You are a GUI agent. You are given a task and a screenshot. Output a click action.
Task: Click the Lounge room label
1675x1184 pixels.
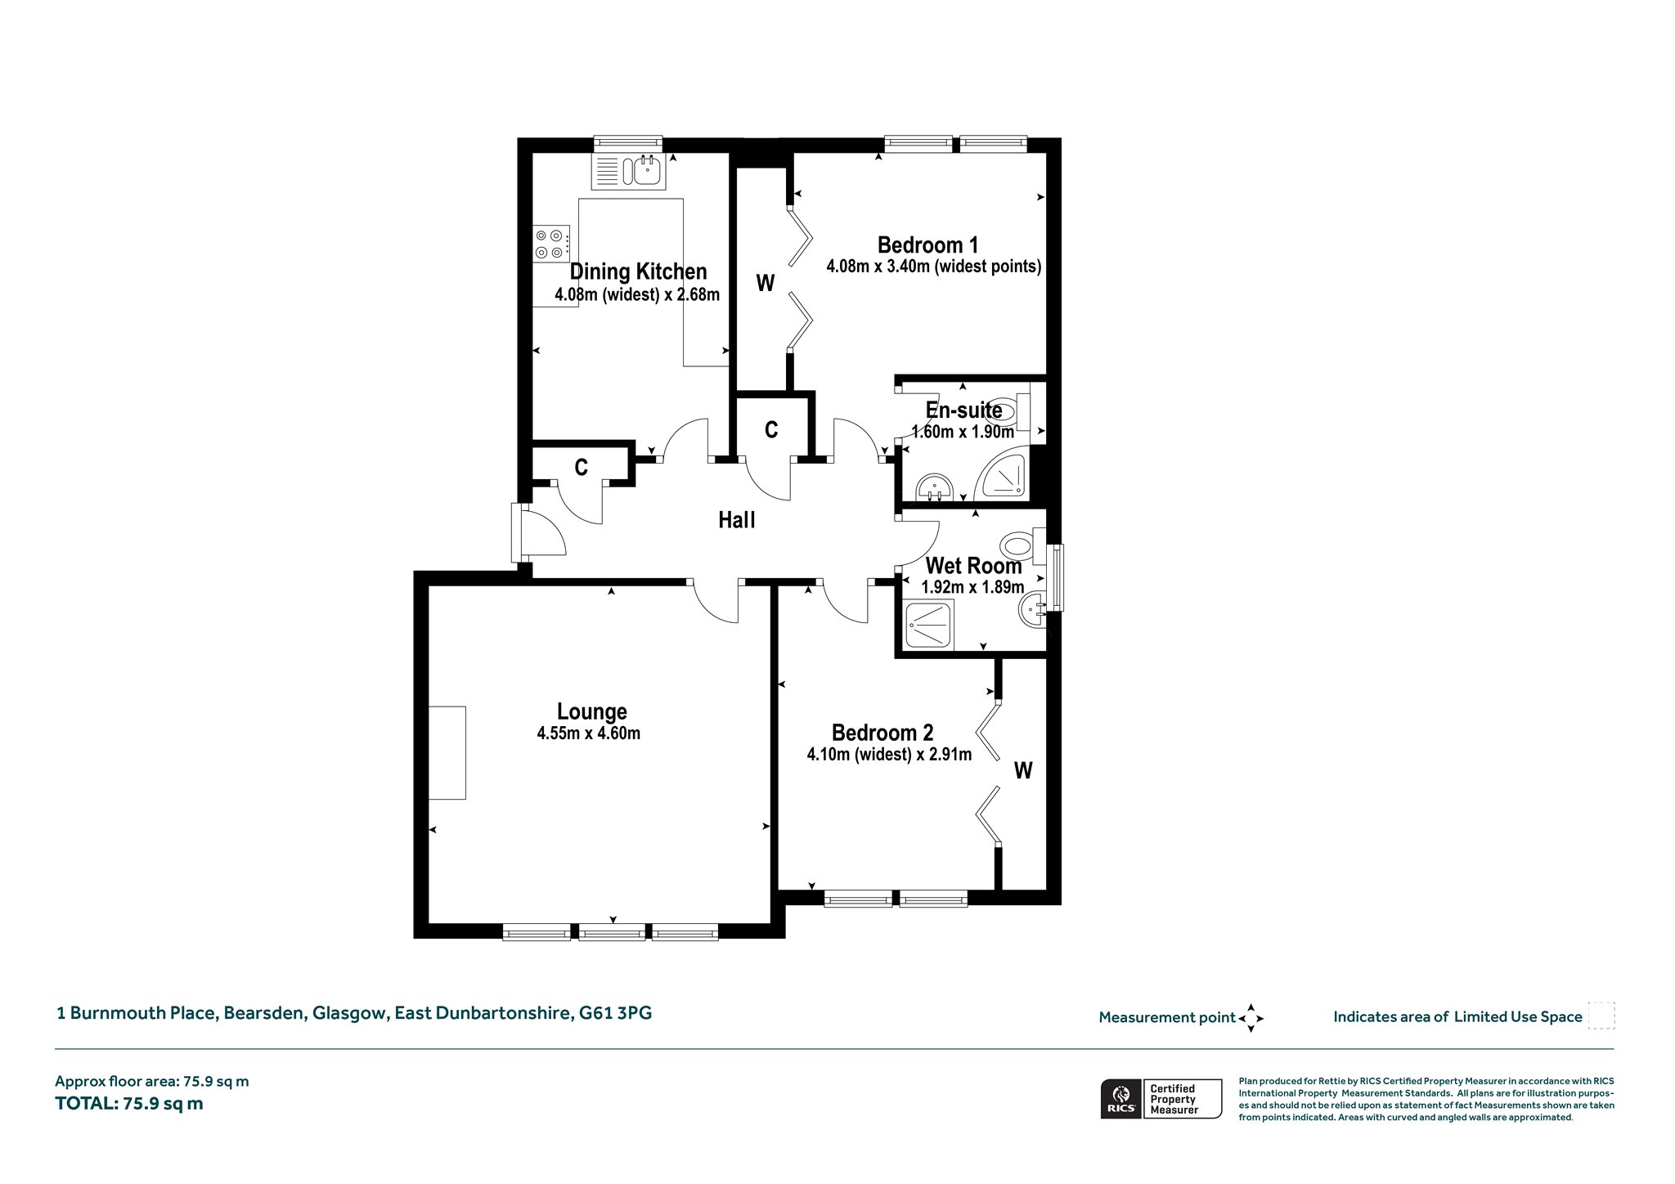click(591, 711)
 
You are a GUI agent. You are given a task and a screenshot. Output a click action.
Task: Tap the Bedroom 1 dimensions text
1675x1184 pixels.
click(933, 267)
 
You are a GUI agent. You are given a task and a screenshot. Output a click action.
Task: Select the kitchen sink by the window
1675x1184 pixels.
click(629, 171)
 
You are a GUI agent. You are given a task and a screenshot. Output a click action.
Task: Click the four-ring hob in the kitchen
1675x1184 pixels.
click(551, 243)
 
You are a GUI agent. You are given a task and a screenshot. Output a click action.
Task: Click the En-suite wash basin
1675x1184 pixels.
click(932, 487)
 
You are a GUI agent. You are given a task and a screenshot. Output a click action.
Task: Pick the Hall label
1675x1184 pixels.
click(736, 520)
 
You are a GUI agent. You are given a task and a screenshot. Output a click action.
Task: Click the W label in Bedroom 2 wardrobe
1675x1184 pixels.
click(1023, 770)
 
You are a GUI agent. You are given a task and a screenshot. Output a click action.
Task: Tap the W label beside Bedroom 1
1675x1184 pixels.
click(765, 283)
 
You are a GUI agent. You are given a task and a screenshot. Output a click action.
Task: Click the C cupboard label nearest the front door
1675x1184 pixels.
click(581, 468)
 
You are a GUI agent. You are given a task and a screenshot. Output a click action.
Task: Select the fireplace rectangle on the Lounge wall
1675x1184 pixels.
click(447, 752)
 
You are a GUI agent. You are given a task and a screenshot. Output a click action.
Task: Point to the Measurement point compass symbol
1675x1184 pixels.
click(1251, 1018)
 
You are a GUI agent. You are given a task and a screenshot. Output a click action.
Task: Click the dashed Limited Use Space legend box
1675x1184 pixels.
click(1601, 1016)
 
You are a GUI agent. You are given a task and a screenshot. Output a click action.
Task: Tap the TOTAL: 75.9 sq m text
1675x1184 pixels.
click(129, 1104)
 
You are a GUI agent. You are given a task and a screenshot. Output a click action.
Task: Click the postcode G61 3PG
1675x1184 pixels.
click(616, 1013)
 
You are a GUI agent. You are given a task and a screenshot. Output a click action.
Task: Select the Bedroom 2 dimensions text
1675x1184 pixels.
click(889, 754)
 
